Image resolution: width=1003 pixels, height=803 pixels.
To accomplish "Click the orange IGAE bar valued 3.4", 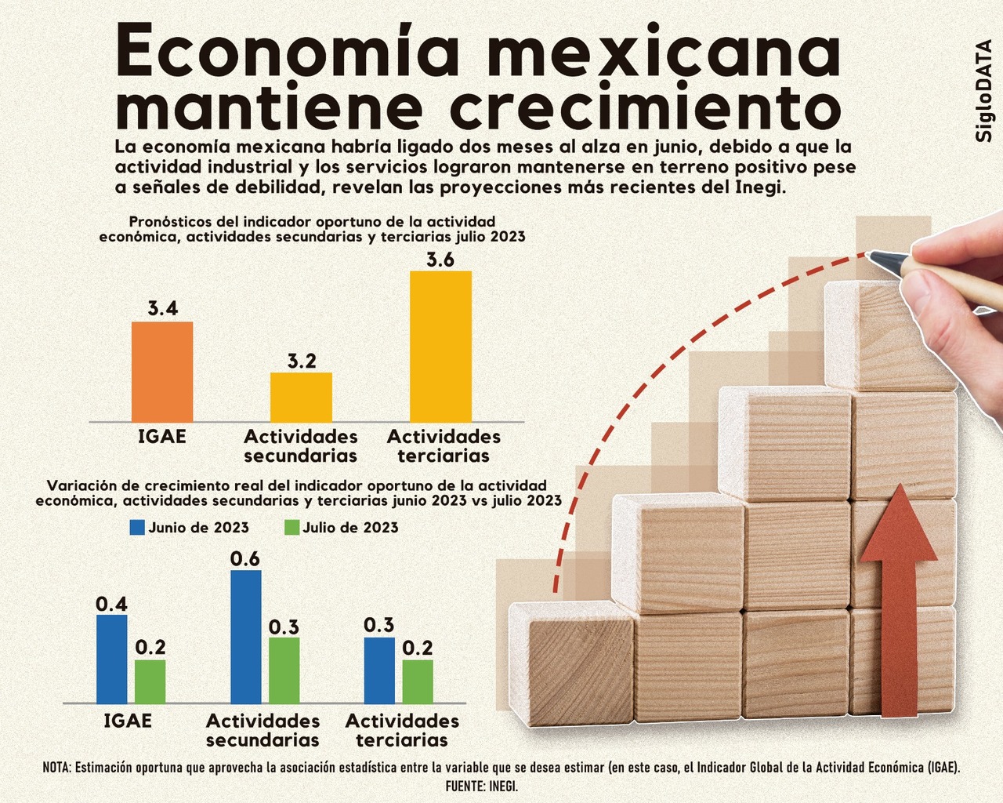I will [162, 372].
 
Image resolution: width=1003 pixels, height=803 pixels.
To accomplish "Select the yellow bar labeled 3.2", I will [301, 397].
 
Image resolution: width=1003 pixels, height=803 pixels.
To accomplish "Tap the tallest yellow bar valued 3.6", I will [440, 346].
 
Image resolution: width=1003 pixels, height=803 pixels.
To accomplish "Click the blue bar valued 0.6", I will [246, 636].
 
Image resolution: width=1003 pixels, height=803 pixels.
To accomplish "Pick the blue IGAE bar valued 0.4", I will [112, 659].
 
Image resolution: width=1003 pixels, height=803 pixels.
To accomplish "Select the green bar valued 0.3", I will [284, 670].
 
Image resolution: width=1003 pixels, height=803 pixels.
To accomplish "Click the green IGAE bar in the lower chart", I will [150, 681].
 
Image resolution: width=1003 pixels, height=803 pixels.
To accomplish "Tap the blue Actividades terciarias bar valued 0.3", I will [379, 670].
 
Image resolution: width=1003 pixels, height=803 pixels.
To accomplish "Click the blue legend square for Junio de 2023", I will [137, 528].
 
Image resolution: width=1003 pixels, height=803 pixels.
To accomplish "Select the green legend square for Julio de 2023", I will [291, 528].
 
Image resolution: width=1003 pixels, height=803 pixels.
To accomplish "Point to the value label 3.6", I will [440, 260].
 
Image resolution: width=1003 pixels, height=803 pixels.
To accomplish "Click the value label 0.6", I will [245, 559].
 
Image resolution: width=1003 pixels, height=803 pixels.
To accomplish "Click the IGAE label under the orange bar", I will [162, 437].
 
